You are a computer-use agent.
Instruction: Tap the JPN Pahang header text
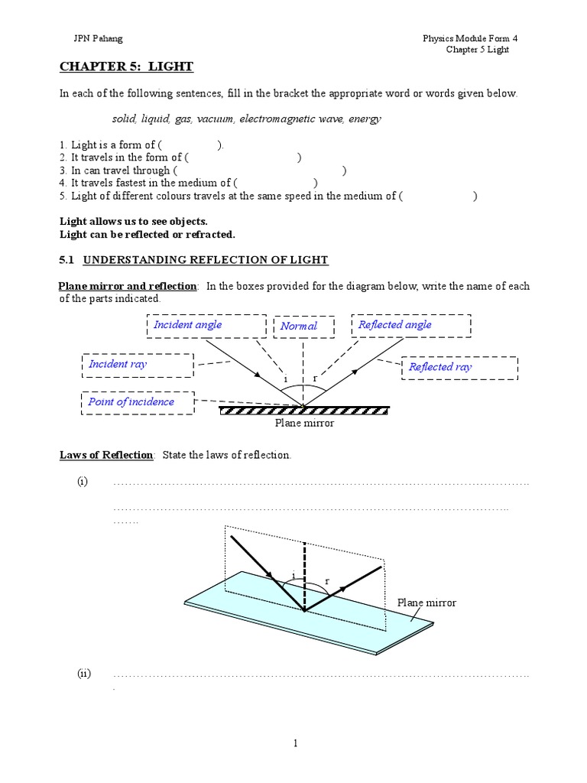[x=90, y=38]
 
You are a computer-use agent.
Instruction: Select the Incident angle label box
[x=206, y=326]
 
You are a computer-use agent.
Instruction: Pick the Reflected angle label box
[x=410, y=326]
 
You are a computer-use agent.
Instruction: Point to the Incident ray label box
[x=138, y=365]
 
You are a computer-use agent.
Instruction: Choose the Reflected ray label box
[x=459, y=367]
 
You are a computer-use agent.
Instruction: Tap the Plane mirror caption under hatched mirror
[x=304, y=423]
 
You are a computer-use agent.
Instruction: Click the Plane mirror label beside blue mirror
[x=426, y=603]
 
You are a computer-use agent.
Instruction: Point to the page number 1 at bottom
[x=295, y=742]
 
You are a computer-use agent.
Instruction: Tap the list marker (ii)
[x=83, y=674]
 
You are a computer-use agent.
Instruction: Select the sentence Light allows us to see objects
[x=133, y=221]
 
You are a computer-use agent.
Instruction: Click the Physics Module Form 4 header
[x=475, y=38]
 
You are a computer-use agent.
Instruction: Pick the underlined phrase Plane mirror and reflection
[x=128, y=286]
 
